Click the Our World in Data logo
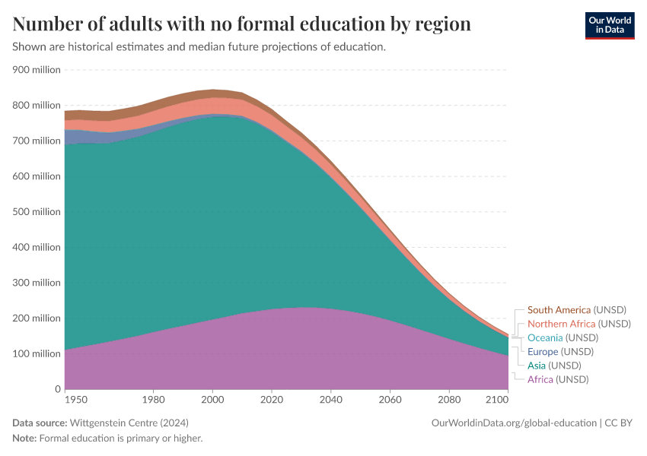pos(610,26)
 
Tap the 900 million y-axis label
pos(37,70)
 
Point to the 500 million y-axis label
pos(37,212)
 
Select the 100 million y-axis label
pos(37,354)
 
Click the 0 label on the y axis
pos(58,389)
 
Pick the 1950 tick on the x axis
pos(76,400)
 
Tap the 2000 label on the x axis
pos(212,400)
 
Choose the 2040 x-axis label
pos(331,400)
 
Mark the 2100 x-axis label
pos(497,400)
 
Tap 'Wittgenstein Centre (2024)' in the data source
pos(129,423)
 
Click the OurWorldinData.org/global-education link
pos(514,423)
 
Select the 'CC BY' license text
pos(619,423)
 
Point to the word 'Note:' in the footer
pos(25,439)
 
